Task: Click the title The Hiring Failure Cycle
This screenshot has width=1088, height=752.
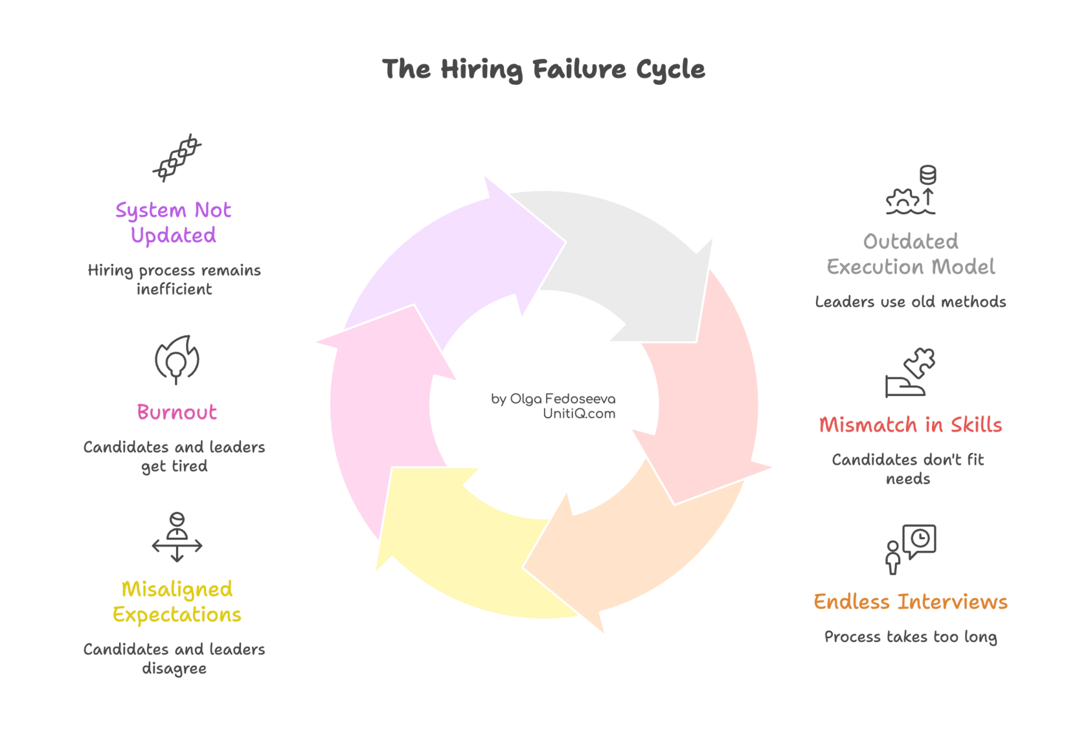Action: (x=543, y=69)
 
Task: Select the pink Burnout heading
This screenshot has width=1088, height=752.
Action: (x=177, y=412)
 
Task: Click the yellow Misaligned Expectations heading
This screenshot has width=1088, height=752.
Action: (x=177, y=602)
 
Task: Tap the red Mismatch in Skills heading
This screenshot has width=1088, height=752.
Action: (x=911, y=425)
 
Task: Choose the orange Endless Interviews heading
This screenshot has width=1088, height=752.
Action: (x=911, y=602)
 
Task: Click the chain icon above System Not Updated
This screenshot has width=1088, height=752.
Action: (x=177, y=157)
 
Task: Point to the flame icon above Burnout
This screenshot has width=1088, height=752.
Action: (x=177, y=359)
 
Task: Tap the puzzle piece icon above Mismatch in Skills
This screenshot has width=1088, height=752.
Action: (x=911, y=373)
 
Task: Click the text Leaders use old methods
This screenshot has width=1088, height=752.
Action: (x=911, y=302)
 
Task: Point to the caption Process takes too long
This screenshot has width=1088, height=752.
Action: (x=911, y=637)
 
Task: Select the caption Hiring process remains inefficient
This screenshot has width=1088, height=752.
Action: (x=174, y=280)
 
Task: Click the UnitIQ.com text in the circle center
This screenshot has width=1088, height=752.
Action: (x=579, y=414)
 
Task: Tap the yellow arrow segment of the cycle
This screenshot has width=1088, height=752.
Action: (x=466, y=550)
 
